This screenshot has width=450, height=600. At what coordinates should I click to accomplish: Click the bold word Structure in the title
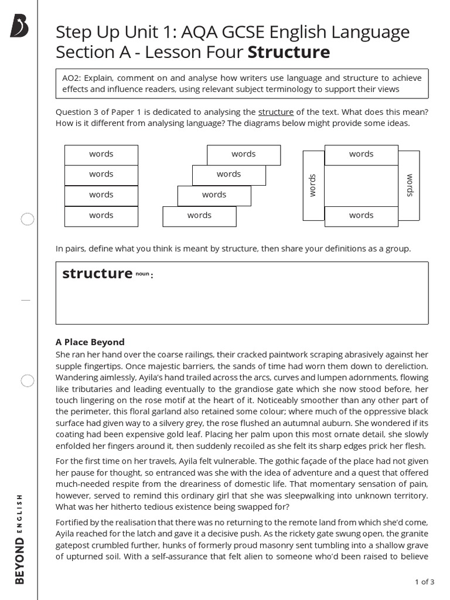(289, 53)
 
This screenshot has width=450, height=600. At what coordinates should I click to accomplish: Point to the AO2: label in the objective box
(73, 78)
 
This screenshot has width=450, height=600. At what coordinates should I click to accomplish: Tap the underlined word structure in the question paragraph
(276, 112)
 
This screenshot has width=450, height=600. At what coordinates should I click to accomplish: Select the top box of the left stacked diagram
(101, 155)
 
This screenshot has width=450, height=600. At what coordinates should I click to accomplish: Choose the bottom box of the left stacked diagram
(101, 216)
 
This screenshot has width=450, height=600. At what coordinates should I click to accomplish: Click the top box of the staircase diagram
(243, 155)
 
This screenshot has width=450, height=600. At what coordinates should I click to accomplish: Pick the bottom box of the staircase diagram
(199, 216)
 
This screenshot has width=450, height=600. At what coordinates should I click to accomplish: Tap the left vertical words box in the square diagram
(313, 185)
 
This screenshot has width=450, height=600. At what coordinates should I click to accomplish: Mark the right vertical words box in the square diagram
(409, 185)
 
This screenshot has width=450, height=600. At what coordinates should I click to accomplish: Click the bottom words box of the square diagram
(361, 216)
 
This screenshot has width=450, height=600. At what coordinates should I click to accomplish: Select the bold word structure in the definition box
(97, 274)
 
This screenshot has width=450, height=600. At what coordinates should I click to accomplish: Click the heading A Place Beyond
(90, 342)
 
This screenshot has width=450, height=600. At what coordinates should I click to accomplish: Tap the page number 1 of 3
(424, 582)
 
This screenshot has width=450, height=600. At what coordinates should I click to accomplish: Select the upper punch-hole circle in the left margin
(28, 220)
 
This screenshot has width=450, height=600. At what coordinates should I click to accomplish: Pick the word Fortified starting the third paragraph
(74, 522)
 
